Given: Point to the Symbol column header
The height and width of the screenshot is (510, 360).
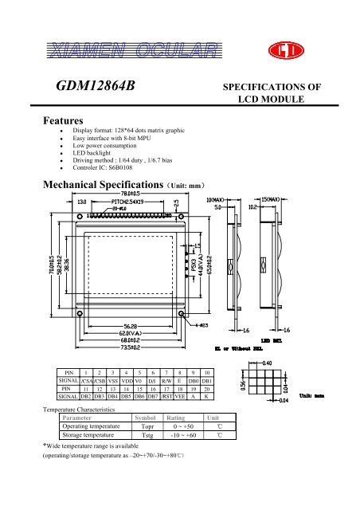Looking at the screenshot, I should tap(146, 418).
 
